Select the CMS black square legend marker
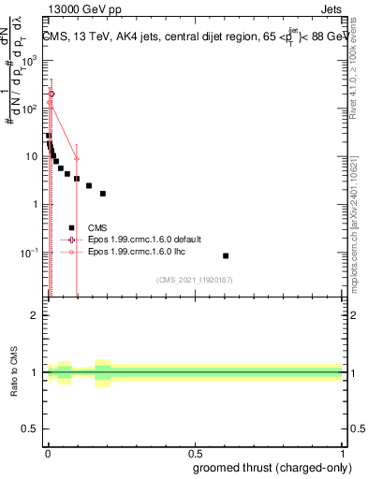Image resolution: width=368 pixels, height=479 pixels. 71,227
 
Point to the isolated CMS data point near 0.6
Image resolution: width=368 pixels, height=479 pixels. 226,255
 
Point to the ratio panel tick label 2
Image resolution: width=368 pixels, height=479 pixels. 36,315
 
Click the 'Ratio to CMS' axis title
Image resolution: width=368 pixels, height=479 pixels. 15,372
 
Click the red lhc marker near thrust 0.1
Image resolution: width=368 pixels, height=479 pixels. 77,159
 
